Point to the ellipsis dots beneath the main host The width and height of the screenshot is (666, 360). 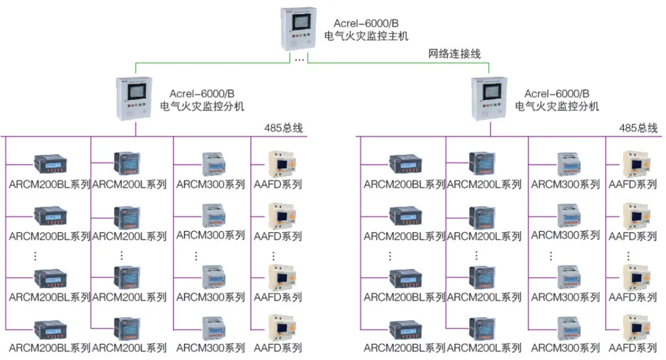click(x=299, y=60)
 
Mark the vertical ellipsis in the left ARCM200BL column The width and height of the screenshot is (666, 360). click(x=35, y=256)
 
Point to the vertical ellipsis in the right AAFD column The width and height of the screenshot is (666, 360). click(x=629, y=256)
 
